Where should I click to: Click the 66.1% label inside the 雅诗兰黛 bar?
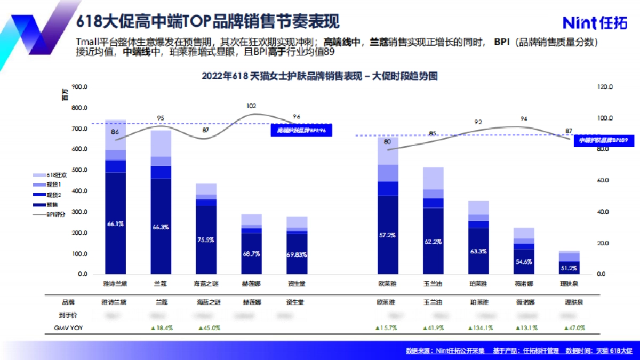(115, 224)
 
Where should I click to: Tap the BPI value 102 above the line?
(251, 106)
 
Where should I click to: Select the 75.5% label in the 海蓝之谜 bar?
(206, 240)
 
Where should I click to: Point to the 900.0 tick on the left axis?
(79, 87)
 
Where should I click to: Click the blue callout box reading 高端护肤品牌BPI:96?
(301, 130)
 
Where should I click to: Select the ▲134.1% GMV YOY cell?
(478, 328)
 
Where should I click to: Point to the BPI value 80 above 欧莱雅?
(387, 142)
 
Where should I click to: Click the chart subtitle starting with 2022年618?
(319, 76)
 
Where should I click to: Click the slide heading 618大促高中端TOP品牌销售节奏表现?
(208, 22)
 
